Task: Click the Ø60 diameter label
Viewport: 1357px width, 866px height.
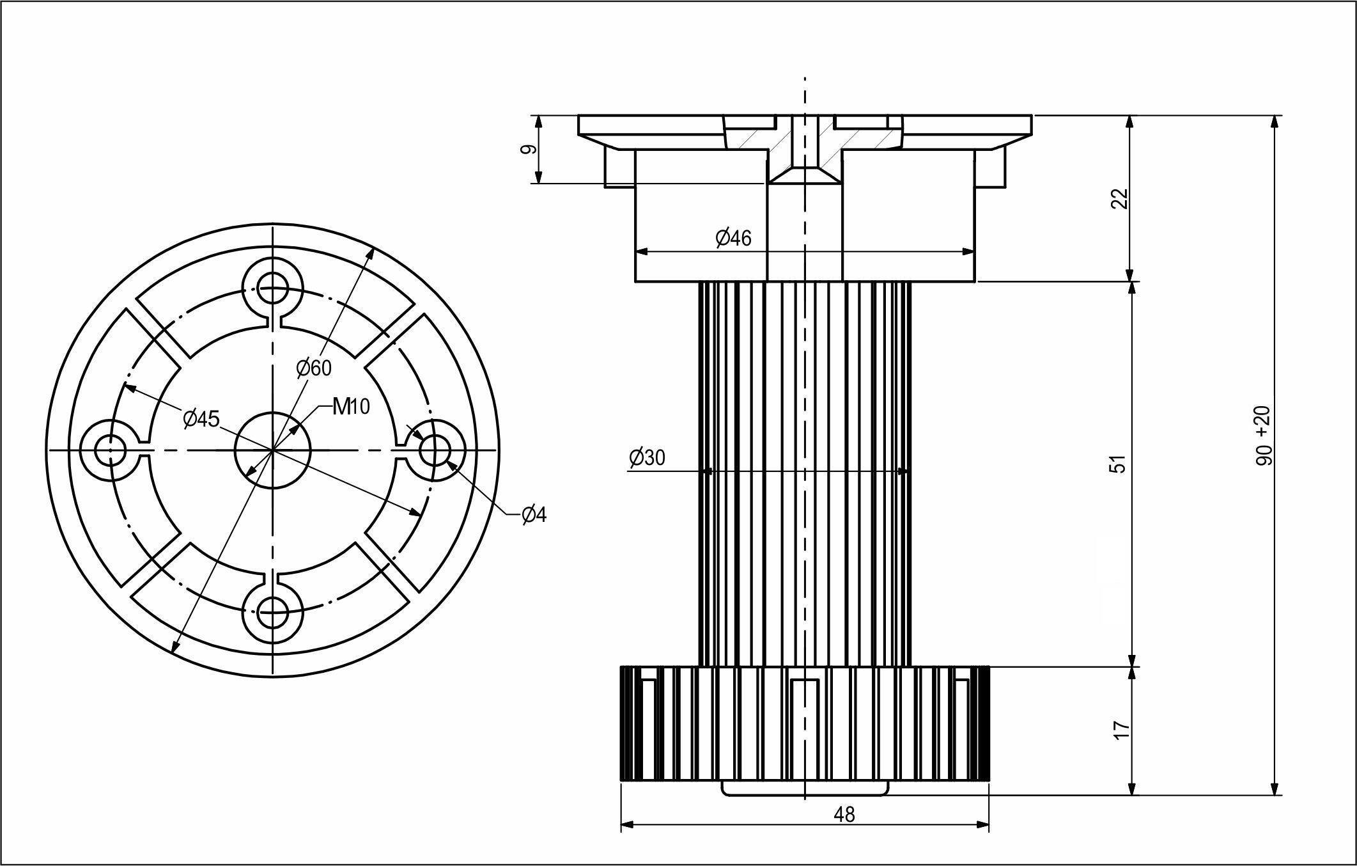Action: point(314,368)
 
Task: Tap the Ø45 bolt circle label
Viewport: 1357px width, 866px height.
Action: point(201,419)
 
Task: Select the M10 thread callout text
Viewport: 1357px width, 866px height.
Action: point(352,406)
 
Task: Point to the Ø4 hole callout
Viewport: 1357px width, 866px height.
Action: point(534,514)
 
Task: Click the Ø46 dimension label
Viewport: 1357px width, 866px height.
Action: point(734,239)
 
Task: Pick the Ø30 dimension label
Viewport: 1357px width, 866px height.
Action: point(647,457)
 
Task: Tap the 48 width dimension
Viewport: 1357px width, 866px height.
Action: point(844,814)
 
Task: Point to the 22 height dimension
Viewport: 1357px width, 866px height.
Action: point(1120,199)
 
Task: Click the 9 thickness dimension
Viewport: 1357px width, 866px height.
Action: point(528,150)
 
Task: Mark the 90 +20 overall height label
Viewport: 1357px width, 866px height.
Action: point(1264,436)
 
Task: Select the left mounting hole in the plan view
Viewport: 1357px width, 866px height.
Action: point(110,450)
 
